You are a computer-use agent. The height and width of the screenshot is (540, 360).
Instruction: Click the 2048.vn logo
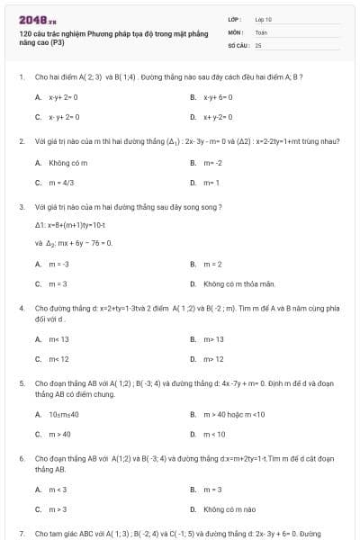[31, 19]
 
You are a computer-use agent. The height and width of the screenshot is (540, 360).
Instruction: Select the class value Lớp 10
[265, 19]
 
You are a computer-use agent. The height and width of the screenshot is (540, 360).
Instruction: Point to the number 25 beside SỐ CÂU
[258, 44]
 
